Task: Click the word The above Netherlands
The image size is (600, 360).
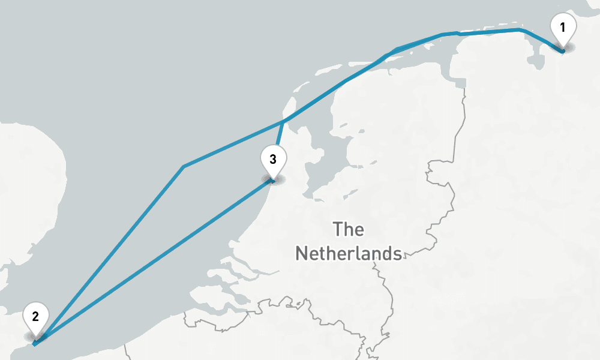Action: [x=349, y=229]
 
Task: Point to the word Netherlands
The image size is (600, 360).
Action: [x=349, y=253]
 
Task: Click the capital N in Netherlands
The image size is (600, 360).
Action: [x=302, y=253]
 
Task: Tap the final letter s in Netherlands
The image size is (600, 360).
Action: [x=397, y=253]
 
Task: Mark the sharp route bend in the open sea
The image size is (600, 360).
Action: [x=183, y=166]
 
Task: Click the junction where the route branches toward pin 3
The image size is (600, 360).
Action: [x=283, y=122]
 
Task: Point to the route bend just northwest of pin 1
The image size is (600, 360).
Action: [x=520, y=29]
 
